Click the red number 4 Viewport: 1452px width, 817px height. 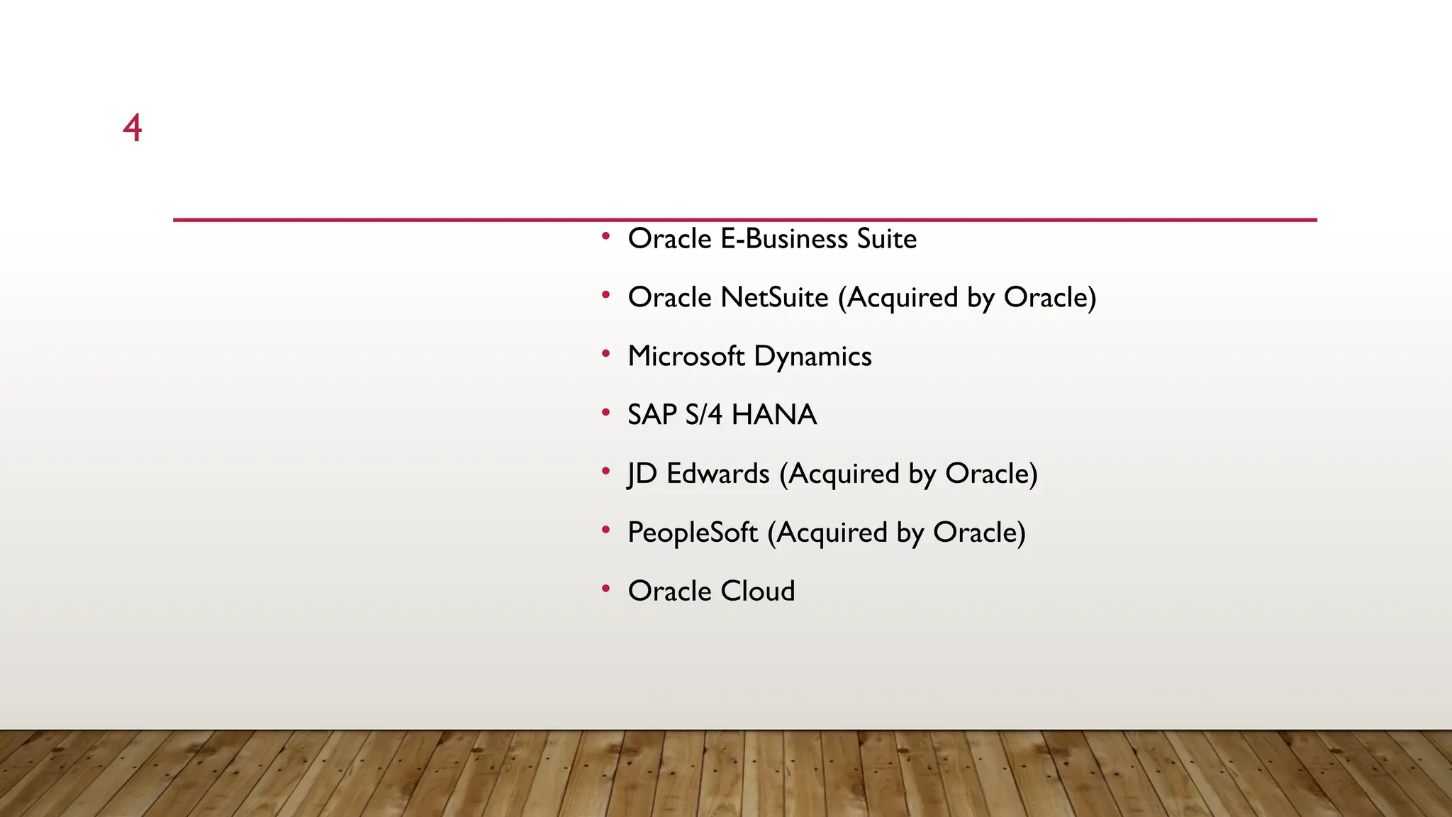point(133,128)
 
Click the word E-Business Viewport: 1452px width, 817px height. point(784,239)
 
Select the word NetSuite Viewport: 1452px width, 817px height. point(774,298)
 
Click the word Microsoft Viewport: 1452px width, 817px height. point(686,357)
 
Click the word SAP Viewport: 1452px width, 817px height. point(652,415)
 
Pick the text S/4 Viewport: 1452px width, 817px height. point(704,415)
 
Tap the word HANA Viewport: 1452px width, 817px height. point(774,415)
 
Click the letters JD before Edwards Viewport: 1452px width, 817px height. point(642,474)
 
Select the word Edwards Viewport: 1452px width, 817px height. point(717,474)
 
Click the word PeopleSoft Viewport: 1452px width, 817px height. point(693,533)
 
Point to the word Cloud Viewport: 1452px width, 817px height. point(758,591)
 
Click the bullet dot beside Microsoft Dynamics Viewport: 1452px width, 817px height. point(605,353)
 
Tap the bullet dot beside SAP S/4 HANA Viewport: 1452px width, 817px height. point(605,412)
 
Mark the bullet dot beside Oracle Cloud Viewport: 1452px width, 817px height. point(605,588)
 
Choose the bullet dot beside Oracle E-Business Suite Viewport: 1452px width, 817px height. point(605,235)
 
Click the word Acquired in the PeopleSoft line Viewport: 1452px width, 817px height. point(832,533)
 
